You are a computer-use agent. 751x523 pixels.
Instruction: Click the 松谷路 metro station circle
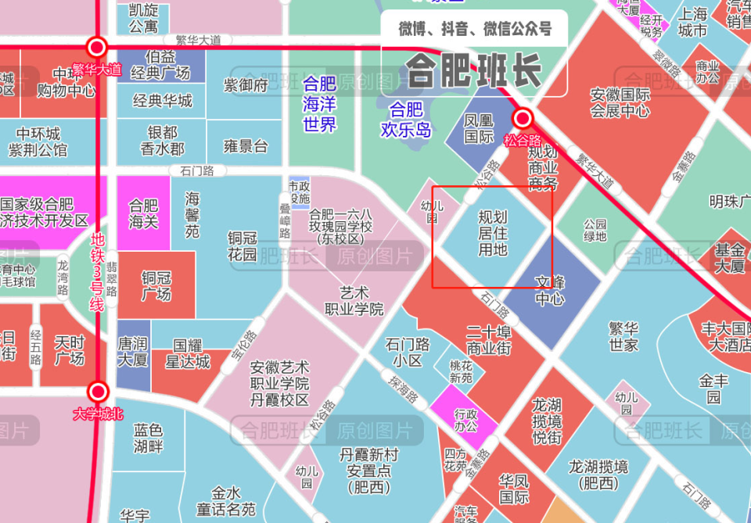click(523, 119)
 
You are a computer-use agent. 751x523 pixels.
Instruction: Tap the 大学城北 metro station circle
click(98, 391)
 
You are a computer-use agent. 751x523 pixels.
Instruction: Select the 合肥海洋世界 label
click(319, 103)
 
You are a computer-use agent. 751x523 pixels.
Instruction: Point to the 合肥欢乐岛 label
click(406, 120)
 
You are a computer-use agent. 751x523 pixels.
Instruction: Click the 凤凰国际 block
click(480, 129)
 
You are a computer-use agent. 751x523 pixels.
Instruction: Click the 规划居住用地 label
click(493, 233)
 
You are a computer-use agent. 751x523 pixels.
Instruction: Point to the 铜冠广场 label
click(156, 285)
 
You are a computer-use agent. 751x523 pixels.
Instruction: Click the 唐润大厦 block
click(132, 352)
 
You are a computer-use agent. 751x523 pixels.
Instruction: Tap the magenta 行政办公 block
click(465, 420)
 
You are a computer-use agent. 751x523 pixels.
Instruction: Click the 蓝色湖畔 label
click(148, 438)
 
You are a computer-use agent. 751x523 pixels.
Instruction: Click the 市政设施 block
click(299, 192)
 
